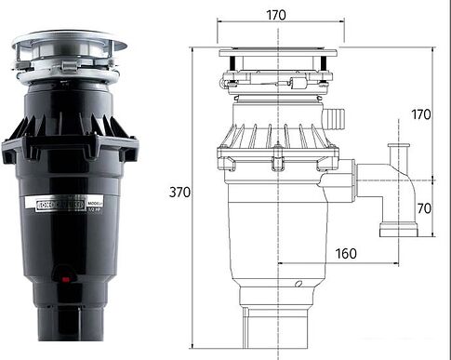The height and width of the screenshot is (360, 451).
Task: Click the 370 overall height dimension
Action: coord(180,193)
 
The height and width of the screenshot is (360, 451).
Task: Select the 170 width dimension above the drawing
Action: coord(275,15)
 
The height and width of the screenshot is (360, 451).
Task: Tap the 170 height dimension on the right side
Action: coord(422,115)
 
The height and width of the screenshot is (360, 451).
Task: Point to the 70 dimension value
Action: coord(423,208)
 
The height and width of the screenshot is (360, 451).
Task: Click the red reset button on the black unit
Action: coord(64,275)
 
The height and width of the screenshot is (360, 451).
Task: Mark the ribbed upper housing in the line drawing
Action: coord(276,135)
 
